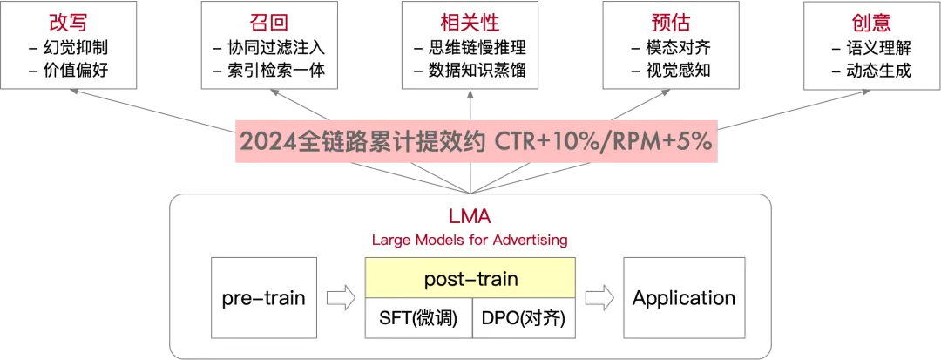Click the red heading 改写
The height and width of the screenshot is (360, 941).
pos(68,22)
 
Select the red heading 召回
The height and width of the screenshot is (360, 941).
pos(269,22)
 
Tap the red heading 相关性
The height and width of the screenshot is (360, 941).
pos(470,22)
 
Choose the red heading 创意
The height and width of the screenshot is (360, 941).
pos(870,22)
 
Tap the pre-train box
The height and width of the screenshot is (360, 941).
pos(263,299)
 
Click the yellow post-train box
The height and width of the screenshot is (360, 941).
pos(470,280)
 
